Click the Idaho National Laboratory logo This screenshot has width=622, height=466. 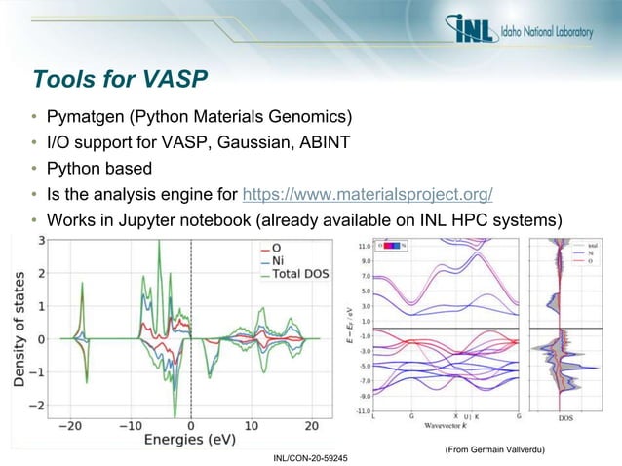[522, 32]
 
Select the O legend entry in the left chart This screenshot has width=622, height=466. [277, 248]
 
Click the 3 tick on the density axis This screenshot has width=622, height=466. [40, 240]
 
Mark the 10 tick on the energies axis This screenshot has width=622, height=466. [251, 425]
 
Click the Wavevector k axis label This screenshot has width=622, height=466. [449, 426]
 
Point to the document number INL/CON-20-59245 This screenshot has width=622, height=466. [311, 457]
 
